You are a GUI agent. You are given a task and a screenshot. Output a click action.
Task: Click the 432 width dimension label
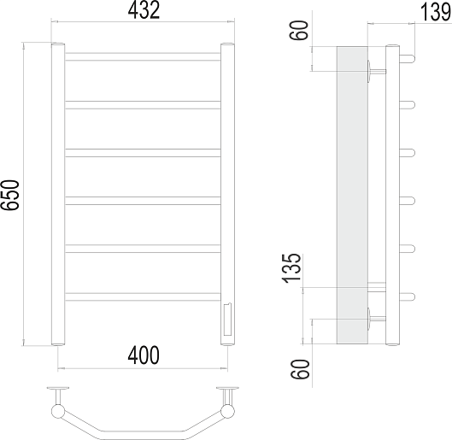[x=144, y=10]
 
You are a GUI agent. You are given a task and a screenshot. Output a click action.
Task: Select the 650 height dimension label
[x=10, y=195]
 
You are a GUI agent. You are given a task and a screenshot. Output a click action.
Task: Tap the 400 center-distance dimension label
[x=144, y=355]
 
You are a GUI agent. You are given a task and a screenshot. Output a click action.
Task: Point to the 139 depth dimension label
[x=435, y=13]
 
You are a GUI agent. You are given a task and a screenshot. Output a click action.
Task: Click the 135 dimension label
[x=291, y=268]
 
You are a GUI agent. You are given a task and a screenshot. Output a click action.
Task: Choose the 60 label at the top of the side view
[x=300, y=30]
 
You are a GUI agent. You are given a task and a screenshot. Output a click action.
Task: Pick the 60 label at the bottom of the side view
[x=300, y=369]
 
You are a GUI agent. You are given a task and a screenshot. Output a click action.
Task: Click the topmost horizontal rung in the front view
[x=143, y=56]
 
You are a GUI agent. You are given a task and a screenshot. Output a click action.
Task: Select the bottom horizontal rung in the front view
[x=143, y=296]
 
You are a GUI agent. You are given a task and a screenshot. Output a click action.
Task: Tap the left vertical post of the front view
[x=58, y=194]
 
